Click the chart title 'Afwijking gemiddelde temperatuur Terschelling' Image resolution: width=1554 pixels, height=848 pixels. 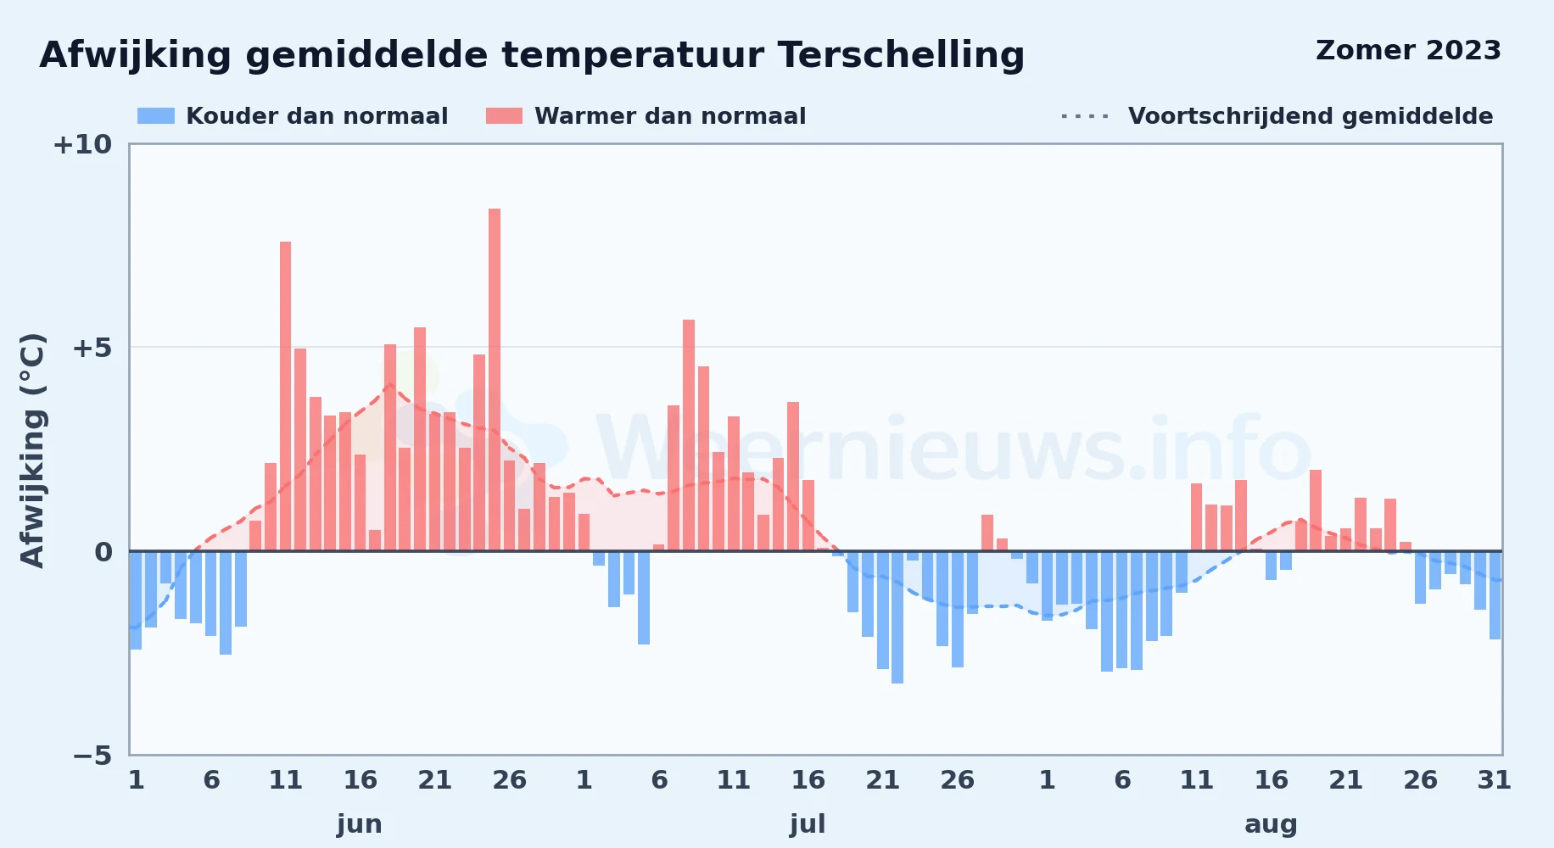click(x=532, y=56)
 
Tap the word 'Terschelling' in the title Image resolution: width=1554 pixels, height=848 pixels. click(x=901, y=56)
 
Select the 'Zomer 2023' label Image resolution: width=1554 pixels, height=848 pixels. click(x=1408, y=51)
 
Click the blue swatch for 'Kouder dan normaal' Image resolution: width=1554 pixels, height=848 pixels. click(x=156, y=116)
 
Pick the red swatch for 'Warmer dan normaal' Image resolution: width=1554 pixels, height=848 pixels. click(x=504, y=116)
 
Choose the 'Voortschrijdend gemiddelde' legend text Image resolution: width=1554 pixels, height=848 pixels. click(x=1311, y=116)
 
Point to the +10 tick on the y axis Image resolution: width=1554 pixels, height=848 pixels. click(x=82, y=145)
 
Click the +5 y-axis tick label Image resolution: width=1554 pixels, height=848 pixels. click(x=92, y=348)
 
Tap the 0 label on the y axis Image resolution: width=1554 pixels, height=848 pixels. click(x=103, y=552)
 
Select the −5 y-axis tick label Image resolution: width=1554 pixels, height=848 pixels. click(x=92, y=756)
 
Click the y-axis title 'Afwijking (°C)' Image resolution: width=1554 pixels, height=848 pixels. click(x=32, y=449)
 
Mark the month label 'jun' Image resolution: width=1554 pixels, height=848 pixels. click(x=360, y=824)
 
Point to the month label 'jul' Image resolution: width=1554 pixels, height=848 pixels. click(x=808, y=824)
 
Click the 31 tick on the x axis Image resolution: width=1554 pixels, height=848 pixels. click(x=1494, y=780)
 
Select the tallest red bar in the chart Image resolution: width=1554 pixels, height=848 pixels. click(x=495, y=380)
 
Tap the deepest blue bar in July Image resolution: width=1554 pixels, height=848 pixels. click(x=897, y=617)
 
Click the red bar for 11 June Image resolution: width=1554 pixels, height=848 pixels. click(x=286, y=396)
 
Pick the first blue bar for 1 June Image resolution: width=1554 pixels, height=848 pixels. click(x=136, y=600)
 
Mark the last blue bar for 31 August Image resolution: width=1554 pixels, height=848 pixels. click(x=1495, y=595)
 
